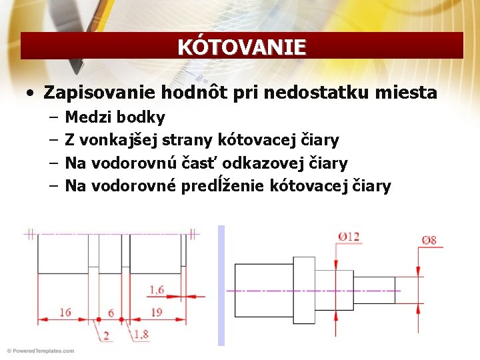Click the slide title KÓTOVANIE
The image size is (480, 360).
click(x=241, y=47)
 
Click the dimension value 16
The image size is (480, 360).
click(x=65, y=312)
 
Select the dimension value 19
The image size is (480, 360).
click(x=157, y=312)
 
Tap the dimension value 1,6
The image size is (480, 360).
click(x=157, y=289)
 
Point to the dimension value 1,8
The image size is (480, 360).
click(x=141, y=335)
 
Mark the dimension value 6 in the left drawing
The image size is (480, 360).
click(x=111, y=313)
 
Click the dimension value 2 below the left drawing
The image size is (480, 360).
click(x=106, y=336)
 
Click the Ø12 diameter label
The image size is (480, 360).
click(x=349, y=237)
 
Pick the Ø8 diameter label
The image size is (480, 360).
click(x=429, y=240)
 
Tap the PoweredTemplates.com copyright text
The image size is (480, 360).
click(x=40, y=351)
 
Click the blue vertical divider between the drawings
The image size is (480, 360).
click(x=221, y=285)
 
